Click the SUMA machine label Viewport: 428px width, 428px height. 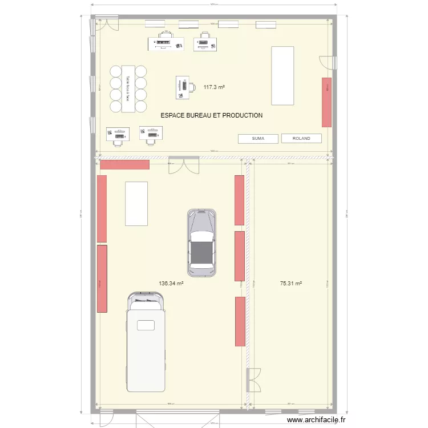pyautogui.click(x=258, y=138)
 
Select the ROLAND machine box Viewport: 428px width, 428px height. pyautogui.click(x=301, y=138)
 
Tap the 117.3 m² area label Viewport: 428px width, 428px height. pyautogui.click(x=214, y=87)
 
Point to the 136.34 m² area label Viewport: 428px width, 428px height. pyautogui.click(x=171, y=283)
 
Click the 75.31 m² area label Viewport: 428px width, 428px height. pyautogui.click(x=291, y=283)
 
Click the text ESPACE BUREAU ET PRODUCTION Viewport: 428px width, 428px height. pyautogui.click(x=212, y=115)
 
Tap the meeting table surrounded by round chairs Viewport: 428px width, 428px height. pyautogui.click(x=128, y=89)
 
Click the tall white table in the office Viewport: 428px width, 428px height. pyautogui.click(x=283, y=75)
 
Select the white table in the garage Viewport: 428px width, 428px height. pyautogui.click(x=136, y=203)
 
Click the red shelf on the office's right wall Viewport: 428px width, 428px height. pyautogui.click(x=326, y=102)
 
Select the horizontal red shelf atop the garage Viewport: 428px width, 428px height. pyautogui.click(x=124, y=164)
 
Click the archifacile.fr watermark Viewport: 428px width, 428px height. pyautogui.click(x=317, y=419)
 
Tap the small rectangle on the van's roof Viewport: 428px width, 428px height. pyautogui.click(x=146, y=325)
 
